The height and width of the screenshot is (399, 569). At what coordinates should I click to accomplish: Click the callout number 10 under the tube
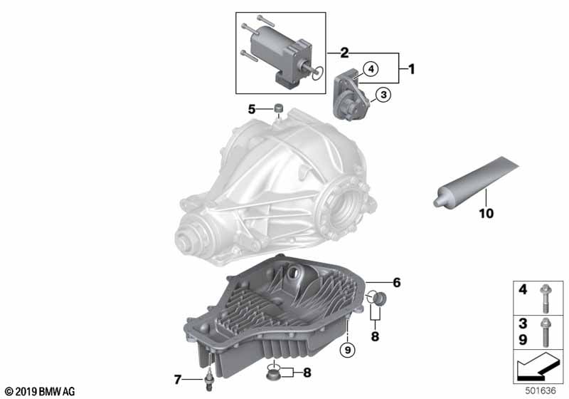point(486,213)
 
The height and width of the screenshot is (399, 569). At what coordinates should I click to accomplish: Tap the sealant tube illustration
point(476,181)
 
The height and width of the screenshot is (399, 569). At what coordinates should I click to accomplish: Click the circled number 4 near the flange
point(371,68)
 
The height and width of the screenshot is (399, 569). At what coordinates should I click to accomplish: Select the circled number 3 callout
point(383,95)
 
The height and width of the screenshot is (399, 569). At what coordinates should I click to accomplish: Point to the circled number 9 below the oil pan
point(348,350)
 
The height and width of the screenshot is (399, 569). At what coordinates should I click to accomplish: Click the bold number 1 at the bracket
point(411,69)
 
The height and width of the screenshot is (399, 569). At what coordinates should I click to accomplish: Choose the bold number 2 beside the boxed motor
point(344,53)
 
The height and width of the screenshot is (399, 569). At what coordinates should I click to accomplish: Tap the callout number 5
point(252,109)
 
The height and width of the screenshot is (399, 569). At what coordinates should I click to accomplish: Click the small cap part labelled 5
point(278,108)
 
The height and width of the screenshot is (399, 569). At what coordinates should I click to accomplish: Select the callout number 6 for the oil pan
point(397,282)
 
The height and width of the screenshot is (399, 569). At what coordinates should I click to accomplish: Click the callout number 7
point(177,380)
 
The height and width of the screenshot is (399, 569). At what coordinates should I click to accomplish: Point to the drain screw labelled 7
point(209,383)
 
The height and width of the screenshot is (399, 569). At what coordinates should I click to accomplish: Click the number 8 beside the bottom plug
point(307,372)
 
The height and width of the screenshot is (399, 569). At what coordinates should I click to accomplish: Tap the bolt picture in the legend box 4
point(544,299)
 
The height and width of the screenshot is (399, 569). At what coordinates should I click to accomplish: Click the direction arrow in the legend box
point(537,367)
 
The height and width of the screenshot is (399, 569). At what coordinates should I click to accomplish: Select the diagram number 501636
point(541,390)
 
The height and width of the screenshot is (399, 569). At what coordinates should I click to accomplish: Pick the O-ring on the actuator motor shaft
point(317,73)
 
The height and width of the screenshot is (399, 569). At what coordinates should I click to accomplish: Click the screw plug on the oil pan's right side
point(379,299)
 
